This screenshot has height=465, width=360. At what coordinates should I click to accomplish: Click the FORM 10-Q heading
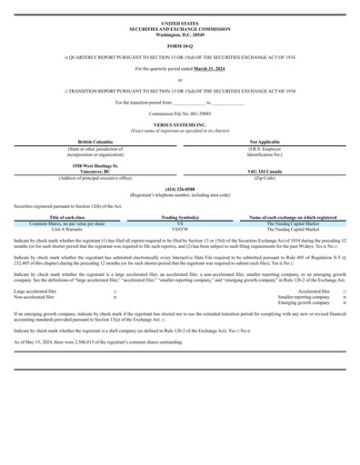pos(179,45)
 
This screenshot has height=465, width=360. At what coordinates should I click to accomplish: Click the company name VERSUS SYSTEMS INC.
pos(179,125)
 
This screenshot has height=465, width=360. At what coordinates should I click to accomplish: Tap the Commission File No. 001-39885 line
pos(179,114)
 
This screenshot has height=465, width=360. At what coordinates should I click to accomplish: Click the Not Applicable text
pos(264,143)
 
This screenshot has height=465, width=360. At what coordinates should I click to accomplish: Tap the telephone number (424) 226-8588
pos(179,189)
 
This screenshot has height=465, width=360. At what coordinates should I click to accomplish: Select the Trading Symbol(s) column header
pos(180,218)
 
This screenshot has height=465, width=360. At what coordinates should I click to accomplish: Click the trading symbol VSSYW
pos(180,228)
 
